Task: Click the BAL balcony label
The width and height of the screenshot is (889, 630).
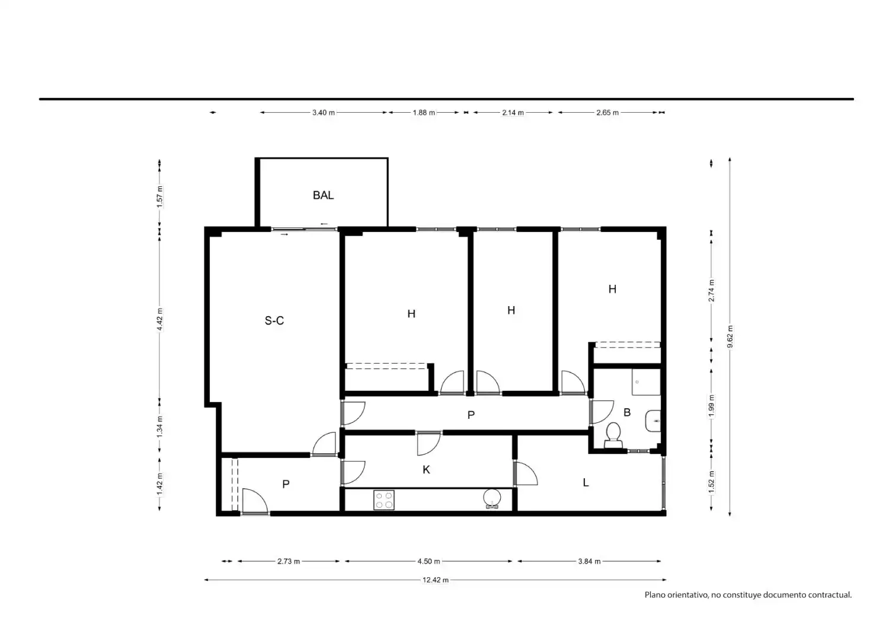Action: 323,195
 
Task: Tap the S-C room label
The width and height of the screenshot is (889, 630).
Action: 274,320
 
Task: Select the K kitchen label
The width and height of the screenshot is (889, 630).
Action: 426,470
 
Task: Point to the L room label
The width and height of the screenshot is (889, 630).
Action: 586,483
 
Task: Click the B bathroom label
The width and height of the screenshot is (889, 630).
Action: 627,412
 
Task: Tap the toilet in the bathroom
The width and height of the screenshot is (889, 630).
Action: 613,435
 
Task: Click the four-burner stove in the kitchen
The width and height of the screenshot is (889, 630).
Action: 384,500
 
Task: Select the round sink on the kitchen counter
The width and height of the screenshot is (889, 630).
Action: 492,498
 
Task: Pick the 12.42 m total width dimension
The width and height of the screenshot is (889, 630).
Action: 436,580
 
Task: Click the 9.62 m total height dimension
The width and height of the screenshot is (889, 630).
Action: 730,336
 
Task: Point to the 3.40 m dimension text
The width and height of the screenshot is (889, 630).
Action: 324,112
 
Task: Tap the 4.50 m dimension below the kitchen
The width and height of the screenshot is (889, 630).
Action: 428,561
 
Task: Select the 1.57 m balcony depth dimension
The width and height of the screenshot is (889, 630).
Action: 159,196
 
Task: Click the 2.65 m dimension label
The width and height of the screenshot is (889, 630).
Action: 607,112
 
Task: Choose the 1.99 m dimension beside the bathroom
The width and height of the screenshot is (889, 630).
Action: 711,406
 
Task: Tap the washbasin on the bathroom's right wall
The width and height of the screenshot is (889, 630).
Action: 653,421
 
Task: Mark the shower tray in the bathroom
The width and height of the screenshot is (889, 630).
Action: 646,381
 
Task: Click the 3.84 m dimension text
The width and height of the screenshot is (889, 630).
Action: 589,561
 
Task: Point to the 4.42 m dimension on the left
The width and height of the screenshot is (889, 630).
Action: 159,319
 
